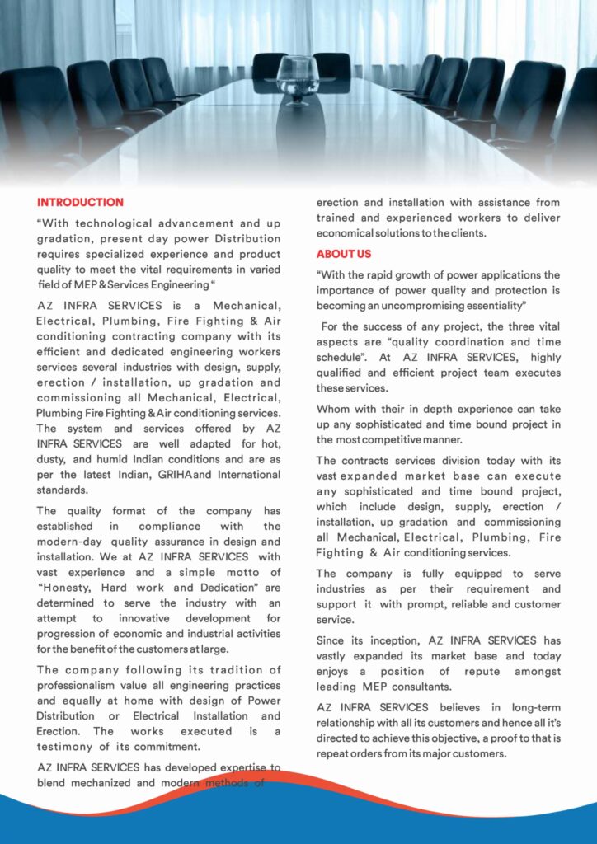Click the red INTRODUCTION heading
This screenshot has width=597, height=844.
pyautogui.click(x=80, y=202)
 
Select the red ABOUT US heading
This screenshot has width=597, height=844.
pyautogui.click(x=344, y=254)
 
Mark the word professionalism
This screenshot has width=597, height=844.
pyautogui.click(x=80, y=684)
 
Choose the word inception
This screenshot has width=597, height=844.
pyautogui.click(x=372, y=640)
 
